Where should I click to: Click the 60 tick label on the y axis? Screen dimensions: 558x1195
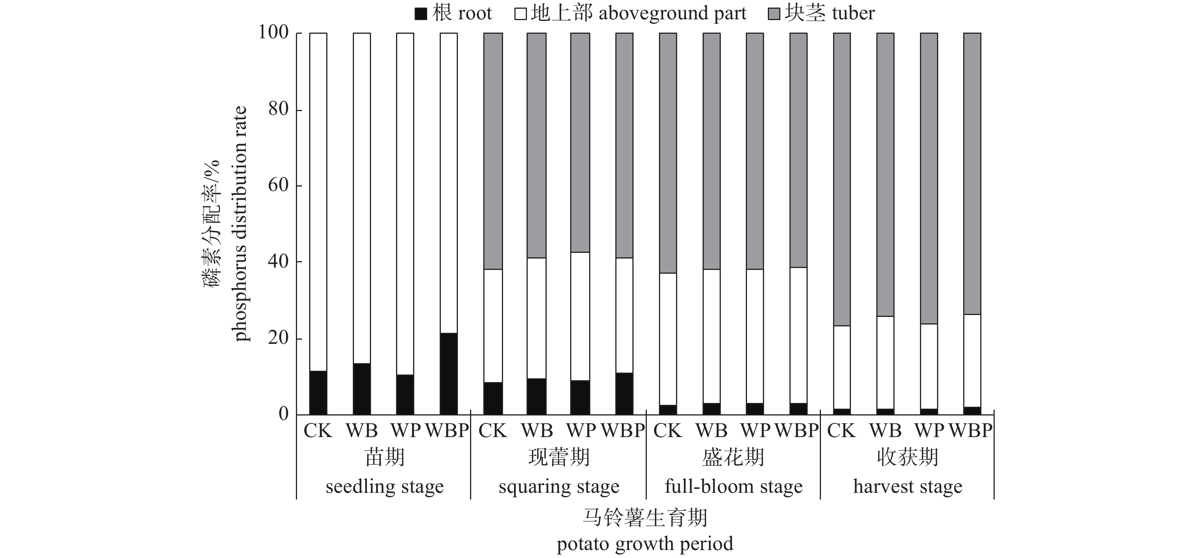click(x=278, y=185)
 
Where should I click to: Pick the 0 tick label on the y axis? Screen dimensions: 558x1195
click(x=283, y=414)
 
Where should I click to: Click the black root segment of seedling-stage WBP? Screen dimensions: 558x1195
click(x=448, y=373)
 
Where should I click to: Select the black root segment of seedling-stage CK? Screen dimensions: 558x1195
click(x=318, y=393)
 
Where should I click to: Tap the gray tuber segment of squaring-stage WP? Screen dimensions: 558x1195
click(x=580, y=143)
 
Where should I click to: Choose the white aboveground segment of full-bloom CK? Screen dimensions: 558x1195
click(x=668, y=339)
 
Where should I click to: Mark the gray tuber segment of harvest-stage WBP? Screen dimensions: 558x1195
click(x=972, y=174)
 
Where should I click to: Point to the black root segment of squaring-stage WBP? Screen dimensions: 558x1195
click(x=624, y=393)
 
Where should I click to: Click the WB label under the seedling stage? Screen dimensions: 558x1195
click(x=362, y=431)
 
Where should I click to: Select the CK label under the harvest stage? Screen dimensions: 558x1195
click(x=841, y=431)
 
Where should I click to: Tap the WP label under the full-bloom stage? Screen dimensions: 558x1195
click(x=755, y=431)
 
